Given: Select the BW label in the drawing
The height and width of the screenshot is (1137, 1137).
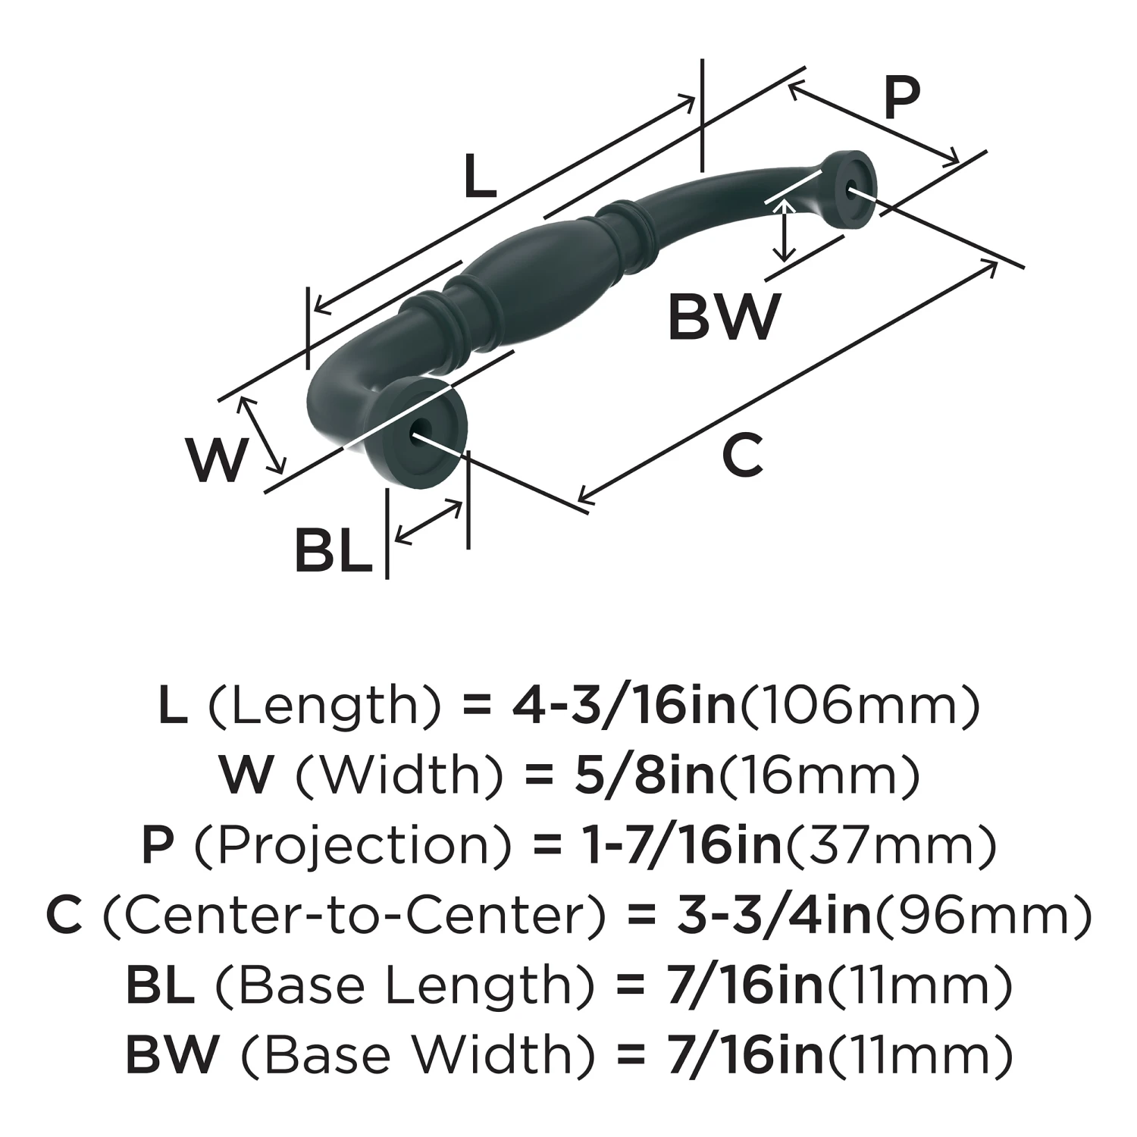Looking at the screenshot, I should click(723, 317).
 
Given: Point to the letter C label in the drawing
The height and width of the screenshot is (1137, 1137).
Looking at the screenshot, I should click(741, 455).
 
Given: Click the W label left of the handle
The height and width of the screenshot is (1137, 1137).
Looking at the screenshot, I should click(218, 459).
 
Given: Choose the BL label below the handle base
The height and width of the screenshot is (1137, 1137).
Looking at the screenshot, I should click(334, 551).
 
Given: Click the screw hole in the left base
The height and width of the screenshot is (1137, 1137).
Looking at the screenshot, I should click(416, 436).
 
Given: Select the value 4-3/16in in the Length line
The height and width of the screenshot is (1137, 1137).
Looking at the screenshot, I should click(624, 705).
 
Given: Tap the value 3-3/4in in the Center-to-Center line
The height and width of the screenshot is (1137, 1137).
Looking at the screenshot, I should click(773, 915).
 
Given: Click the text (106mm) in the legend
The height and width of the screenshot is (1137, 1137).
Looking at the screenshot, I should click(859, 705).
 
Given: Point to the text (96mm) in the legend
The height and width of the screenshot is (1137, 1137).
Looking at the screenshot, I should click(983, 915).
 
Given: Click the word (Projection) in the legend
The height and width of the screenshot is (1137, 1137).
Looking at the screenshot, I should click(353, 845).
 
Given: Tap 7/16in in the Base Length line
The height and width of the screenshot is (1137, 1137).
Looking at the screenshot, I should click(745, 985).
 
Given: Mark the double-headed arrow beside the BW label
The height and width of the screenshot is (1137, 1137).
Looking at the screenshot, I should click(785, 230).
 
